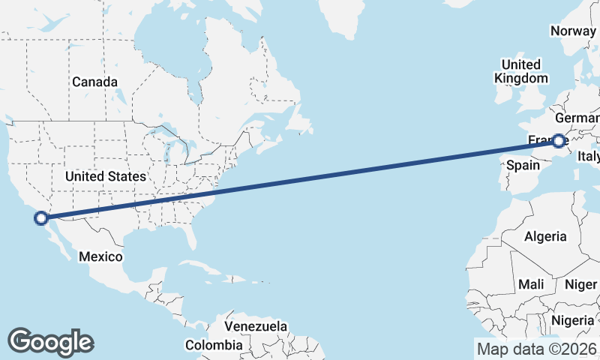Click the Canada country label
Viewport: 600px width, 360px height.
pyautogui.click(x=94, y=82)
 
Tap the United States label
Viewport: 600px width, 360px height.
pyautogui.click(x=105, y=177)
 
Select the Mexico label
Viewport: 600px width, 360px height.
pyautogui.click(x=100, y=256)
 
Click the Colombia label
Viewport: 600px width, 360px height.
pyautogui.click(x=214, y=345)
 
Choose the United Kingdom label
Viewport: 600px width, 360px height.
pyautogui.click(x=521, y=71)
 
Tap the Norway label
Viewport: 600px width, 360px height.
pyautogui.click(x=573, y=31)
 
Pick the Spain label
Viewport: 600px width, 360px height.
pyautogui.click(x=523, y=164)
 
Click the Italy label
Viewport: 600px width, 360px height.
pyautogui.click(x=588, y=157)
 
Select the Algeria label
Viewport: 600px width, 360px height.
pyautogui.click(x=545, y=236)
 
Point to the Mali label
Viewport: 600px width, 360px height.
pyautogui.click(x=531, y=285)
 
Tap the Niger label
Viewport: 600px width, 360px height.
pyautogui.click(x=580, y=285)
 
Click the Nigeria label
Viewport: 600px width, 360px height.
pyautogui.click(x=572, y=320)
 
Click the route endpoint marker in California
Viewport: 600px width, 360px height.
pyautogui.click(x=41, y=218)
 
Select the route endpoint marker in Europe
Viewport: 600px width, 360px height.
pyautogui.click(x=559, y=140)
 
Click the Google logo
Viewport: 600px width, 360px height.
pyautogui.click(x=50, y=341)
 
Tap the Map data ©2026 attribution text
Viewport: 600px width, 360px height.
pyautogui.click(x=537, y=349)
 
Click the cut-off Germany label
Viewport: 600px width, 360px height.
pyautogui.click(x=577, y=119)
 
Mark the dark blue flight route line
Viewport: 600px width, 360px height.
pyautogui.click(x=300, y=179)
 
